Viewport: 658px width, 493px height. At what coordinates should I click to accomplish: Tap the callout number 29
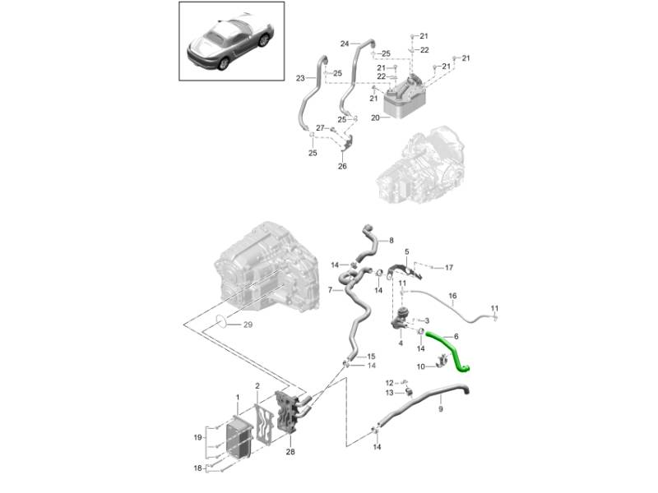point(248,325)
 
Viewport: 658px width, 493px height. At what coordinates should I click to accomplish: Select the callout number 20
point(374,117)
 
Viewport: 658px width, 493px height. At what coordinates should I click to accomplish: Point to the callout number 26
point(342,166)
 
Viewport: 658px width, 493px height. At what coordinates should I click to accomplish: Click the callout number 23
point(300,78)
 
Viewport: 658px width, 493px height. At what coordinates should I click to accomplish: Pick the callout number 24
point(345,44)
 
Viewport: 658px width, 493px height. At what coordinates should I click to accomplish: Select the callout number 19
point(197,438)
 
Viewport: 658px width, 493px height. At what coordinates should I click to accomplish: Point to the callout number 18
point(197,468)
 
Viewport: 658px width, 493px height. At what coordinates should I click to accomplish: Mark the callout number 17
point(449,268)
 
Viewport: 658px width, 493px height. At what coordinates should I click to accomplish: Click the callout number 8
point(391,240)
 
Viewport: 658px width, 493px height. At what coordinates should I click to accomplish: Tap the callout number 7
point(329,290)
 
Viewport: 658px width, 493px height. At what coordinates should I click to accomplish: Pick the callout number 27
point(321,127)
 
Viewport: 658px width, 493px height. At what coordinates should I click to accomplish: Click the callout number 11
point(494,308)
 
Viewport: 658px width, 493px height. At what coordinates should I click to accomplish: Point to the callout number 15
point(371,356)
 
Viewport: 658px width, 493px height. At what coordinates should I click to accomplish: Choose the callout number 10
point(419,366)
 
